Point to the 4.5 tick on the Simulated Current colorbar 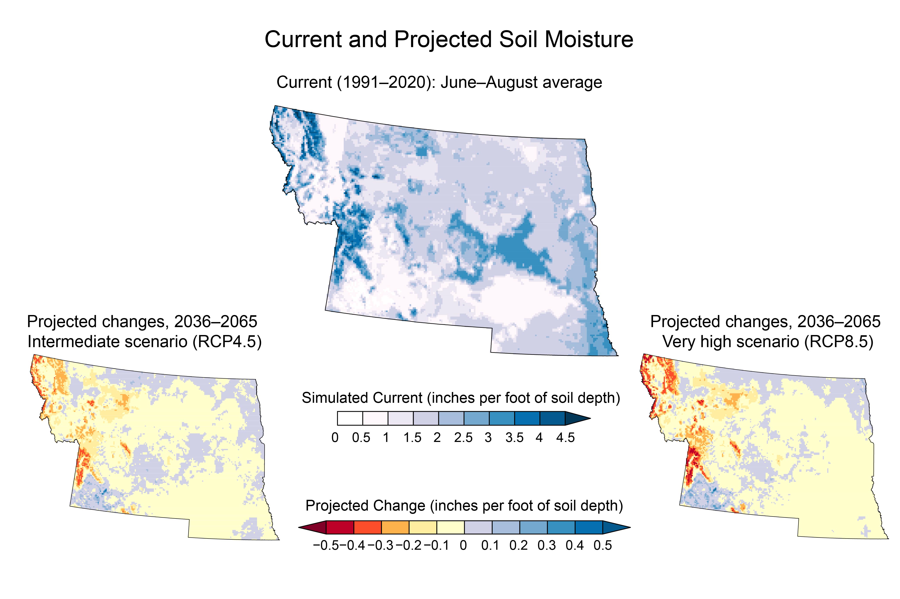(565, 437)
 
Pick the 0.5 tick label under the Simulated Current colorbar (361, 437)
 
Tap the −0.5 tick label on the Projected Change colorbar (326, 545)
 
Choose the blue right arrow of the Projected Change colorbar (616, 528)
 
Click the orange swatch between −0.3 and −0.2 (395, 528)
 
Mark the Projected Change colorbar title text (464, 506)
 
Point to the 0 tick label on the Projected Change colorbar (463, 545)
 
